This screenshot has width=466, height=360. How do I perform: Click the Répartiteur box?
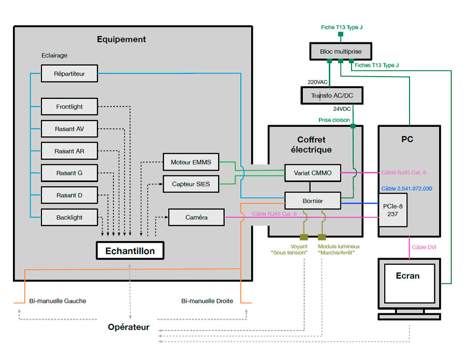pyautogui.click(x=69, y=73)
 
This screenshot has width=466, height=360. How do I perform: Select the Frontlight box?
pyautogui.click(x=69, y=107)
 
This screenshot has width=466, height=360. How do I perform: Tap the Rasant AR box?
pyautogui.click(x=69, y=151)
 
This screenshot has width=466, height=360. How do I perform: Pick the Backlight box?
pyautogui.click(x=69, y=217)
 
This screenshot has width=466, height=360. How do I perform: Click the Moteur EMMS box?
pyautogui.click(x=191, y=162)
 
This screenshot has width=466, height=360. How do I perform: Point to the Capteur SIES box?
pyautogui.click(x=191, y=184)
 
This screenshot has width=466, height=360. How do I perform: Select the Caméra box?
pyautogui.click(x=196, y=217)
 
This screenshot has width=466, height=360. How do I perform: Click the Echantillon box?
pyautogui.click(x=130, y=251)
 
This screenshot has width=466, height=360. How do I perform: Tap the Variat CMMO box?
pyautogui.click(x=313, y=173)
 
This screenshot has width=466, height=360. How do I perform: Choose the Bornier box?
pyautogui.click(x=313, y=200)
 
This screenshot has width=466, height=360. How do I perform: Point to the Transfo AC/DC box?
pyautogui.click(x=331, y=96)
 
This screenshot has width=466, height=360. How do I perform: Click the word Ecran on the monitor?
pyautogui.click(x=407, y=276)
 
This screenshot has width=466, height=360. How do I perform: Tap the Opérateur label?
pyautogui.click(x=128, y=327)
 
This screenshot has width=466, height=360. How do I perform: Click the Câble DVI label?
pyautogui.click(x=424, y=247)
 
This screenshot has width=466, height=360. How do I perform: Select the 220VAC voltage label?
pyautogui.click(x=317, y=81)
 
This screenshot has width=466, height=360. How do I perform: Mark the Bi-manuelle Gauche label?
pyautogui.click(x=57, y=301)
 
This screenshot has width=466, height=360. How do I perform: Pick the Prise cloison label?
pyautogui.click(x=334, y=119)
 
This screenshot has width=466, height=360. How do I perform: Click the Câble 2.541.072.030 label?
pyautogui.click(x=406, y=189)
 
